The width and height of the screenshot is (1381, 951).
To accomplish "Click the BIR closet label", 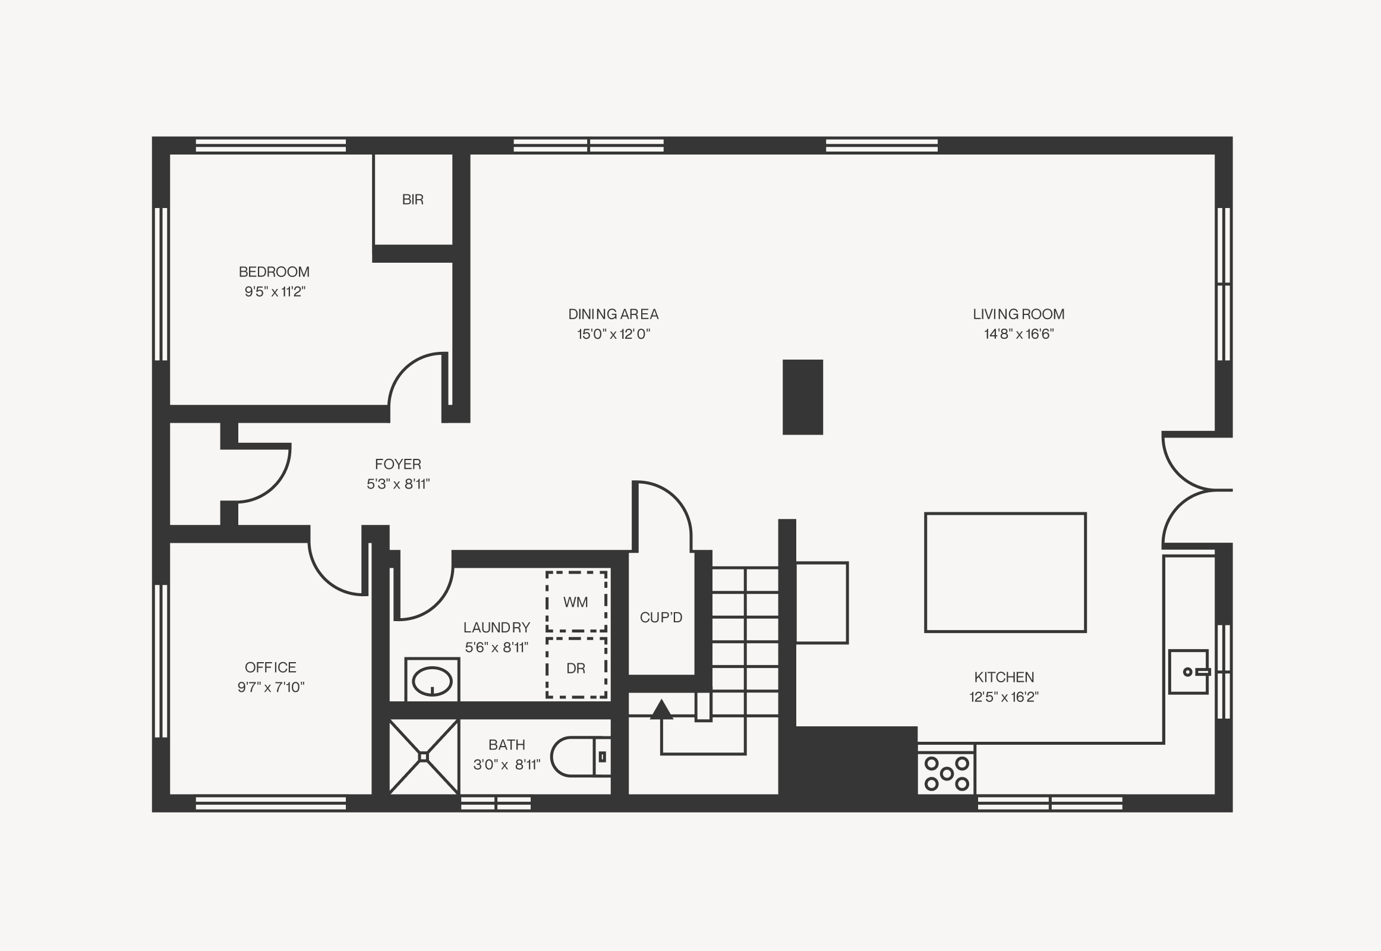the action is [x=412, y=200].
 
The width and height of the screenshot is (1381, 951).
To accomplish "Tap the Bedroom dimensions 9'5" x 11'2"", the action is [x=275, y=292].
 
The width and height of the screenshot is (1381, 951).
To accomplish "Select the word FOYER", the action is [x=398, y=464].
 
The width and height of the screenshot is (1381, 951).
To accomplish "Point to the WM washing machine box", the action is [x=576, y=602].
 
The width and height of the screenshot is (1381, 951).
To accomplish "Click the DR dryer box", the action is [x=576, y=668].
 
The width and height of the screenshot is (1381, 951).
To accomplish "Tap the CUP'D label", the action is [x=661, y=618].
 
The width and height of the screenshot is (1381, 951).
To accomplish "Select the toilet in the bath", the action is [x=581, y=757].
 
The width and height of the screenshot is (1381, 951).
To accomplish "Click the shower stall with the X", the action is [x=424, y=757].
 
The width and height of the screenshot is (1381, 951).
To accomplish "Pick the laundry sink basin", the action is [x=432, y=681].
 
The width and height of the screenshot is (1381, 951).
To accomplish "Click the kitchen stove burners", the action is [x=946, y=773].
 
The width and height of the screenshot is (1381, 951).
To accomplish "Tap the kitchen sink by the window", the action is [x=1188, y=672].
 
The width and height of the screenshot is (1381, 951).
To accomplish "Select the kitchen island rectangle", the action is [x=1005, y=572].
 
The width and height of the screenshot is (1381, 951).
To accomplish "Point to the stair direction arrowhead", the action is [x=661, y=709].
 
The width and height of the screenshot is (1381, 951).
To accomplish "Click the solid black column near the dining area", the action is [x=802, y=397].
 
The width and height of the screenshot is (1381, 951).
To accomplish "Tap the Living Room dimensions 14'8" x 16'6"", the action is [x=1019, y=334].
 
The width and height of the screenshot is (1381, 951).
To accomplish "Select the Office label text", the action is [x=270, y=667].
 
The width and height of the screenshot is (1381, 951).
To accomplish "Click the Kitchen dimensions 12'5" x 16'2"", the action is [x=1004, y=697].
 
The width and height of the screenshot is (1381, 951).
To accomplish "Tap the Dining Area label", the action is [x=613, y=314].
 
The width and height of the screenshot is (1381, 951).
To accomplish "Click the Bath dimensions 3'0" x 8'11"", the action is [x=507, y=764].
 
